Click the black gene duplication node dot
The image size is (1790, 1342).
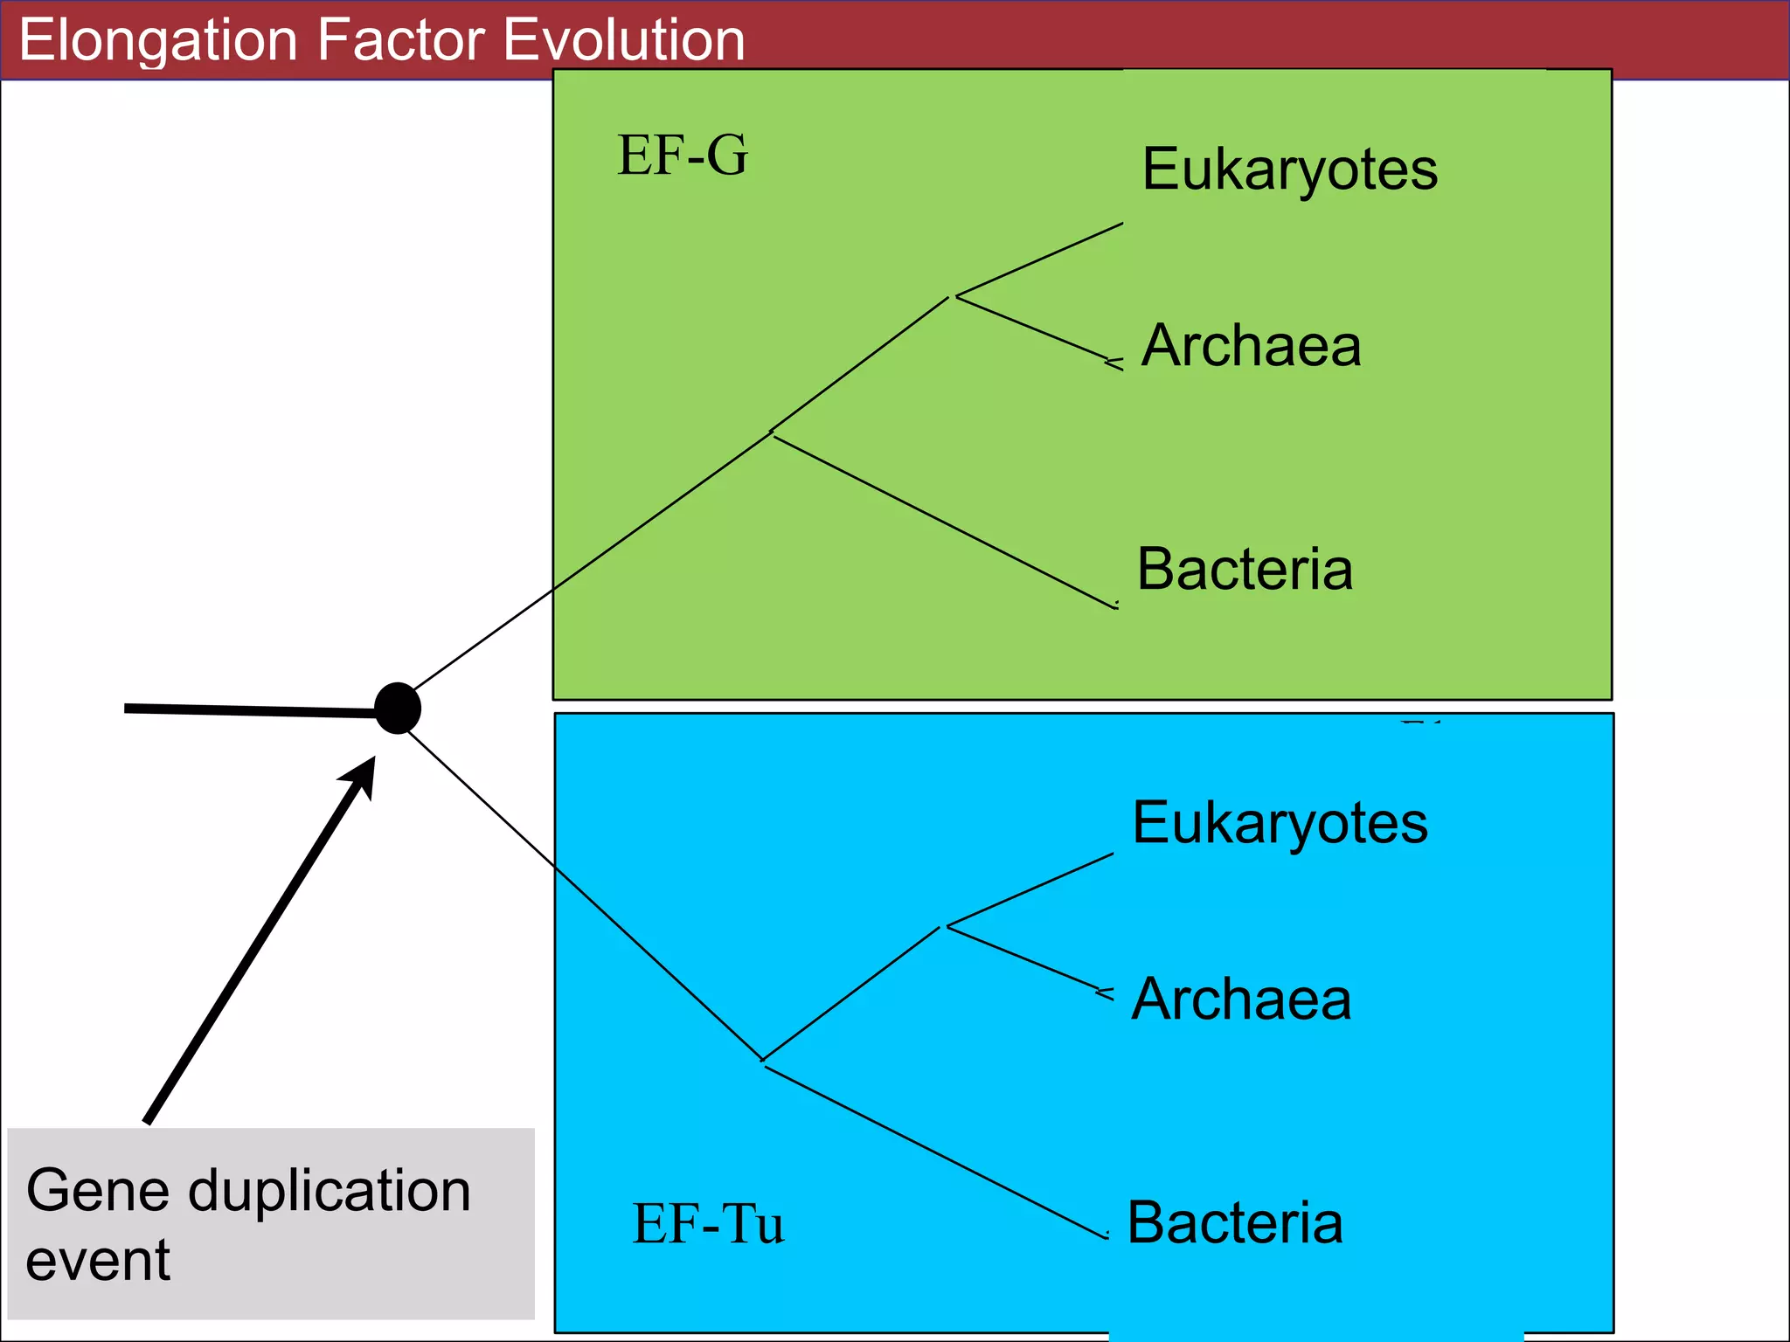[x=398, y=708]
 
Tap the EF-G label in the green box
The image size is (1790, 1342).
[x=683, y=156]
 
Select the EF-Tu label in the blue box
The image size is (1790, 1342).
[x=708, y=1223]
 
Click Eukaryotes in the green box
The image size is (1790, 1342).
[x=1289, y=169]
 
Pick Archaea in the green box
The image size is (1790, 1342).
[x=1251, y=345]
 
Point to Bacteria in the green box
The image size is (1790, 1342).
[x=1245, y=569]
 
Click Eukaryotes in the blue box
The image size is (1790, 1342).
[x=1280, y=823]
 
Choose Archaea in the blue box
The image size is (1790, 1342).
[x=1241, y=999]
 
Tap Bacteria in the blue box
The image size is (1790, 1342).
[x=1234, y=1222]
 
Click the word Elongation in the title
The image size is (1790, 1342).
[x=158, y=40]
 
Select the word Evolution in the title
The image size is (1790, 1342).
[x=624, y=40]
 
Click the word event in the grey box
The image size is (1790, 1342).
[x=98, y=1260]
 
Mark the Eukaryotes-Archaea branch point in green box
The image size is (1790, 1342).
[x=954, y=297]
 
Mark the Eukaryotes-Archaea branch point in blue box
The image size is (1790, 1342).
[x=944, y=926]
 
